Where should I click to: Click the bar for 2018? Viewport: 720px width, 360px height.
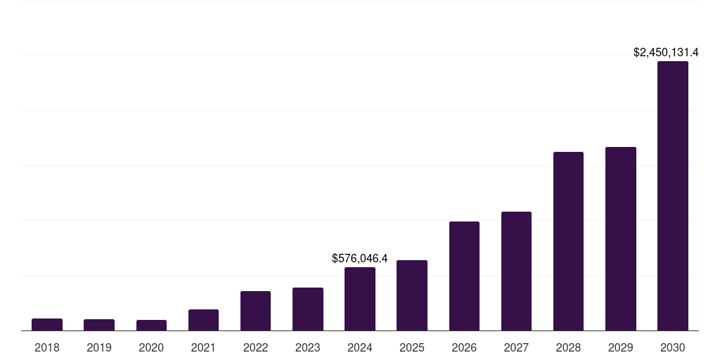(x=47, y=325)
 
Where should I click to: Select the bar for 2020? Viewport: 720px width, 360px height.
(x=151, y=326)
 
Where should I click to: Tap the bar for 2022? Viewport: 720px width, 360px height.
(x=255, y=311)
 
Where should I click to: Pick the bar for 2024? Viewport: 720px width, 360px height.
(x=360, y=299)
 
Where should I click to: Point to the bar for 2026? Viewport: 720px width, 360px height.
(x=464, y=276)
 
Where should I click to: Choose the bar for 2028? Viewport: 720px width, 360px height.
(x=568, y=241)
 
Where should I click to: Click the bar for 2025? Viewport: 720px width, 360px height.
(x=412, y=295)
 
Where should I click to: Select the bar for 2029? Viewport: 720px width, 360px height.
(x=621, y=238)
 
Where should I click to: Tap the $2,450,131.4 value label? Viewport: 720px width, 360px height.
(x=666, y=53)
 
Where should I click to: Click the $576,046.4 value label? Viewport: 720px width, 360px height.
(x=360, y=259)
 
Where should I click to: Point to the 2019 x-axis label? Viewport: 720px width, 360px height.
(x=99, y=347)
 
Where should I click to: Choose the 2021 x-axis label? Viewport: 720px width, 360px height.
(x=203, y=347)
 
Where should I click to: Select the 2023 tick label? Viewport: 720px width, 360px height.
(x=308, y=347)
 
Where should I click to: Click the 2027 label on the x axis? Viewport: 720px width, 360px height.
(x=516, y=347)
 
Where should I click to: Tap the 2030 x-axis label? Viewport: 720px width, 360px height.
(x=673, y=347)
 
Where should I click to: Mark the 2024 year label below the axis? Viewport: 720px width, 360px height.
(x=360, y=347)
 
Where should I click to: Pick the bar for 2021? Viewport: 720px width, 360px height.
(x=203, y=320)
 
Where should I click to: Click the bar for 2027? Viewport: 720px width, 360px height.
(x=516, y=271)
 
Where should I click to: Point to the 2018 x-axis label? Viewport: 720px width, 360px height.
(x=47, y=347)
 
